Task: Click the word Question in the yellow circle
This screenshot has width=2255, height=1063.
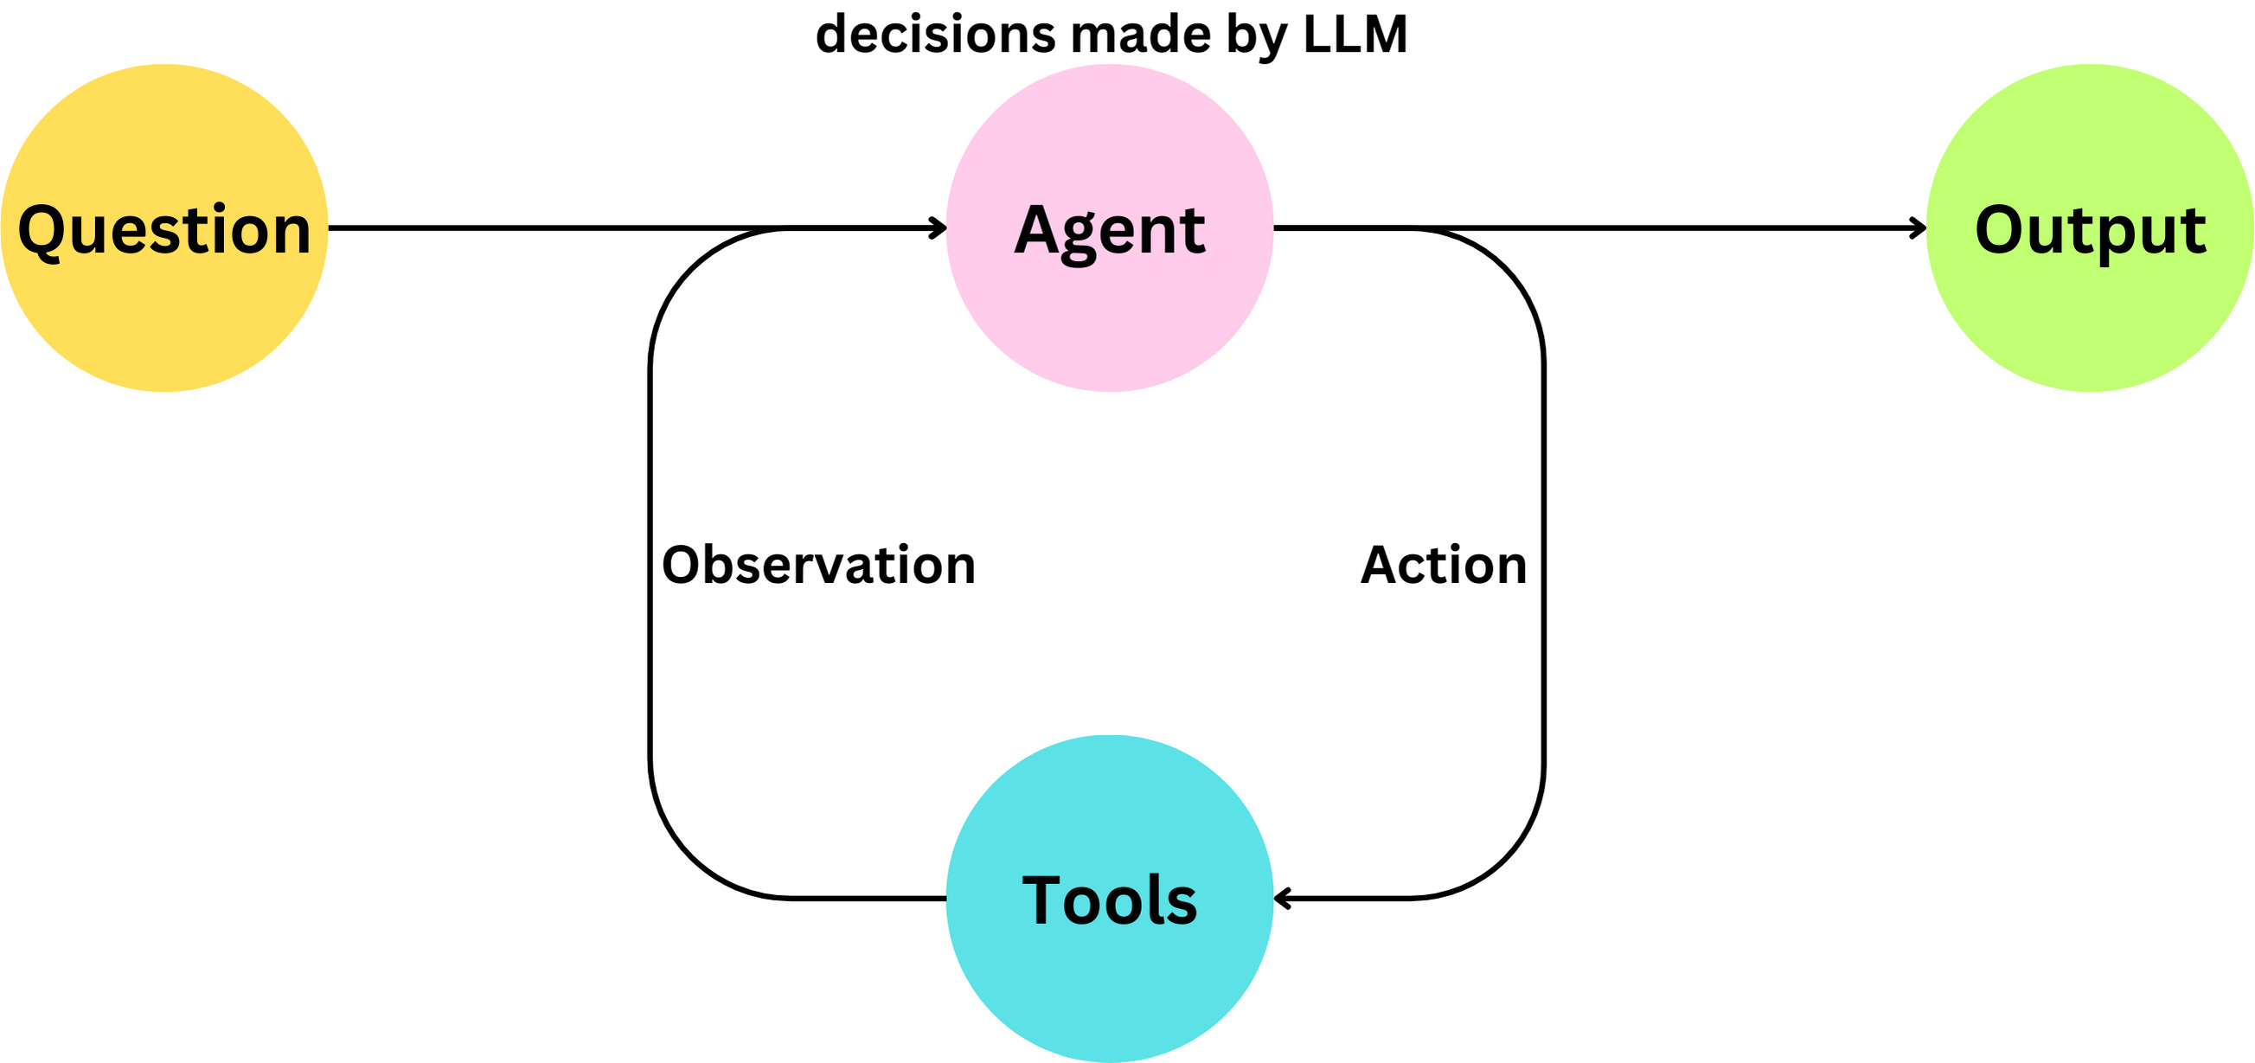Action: coord(164,230)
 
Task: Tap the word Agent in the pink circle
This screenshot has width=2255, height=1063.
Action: coord(1110,230)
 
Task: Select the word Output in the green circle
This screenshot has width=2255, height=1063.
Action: coord(2090,230)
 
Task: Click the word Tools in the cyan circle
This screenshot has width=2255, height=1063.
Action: coord(1109,900)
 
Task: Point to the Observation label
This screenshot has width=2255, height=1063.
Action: coord(818,565)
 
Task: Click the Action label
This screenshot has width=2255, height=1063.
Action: coord(1444,565)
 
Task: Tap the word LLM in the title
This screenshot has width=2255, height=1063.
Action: coord(1355,35)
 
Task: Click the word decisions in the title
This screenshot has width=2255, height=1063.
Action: coord(935,35)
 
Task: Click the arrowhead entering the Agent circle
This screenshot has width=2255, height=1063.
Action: coord(939,228)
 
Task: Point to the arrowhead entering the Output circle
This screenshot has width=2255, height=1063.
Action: coord(1919,228)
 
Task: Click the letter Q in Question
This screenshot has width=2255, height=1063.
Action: coord(43,232)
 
